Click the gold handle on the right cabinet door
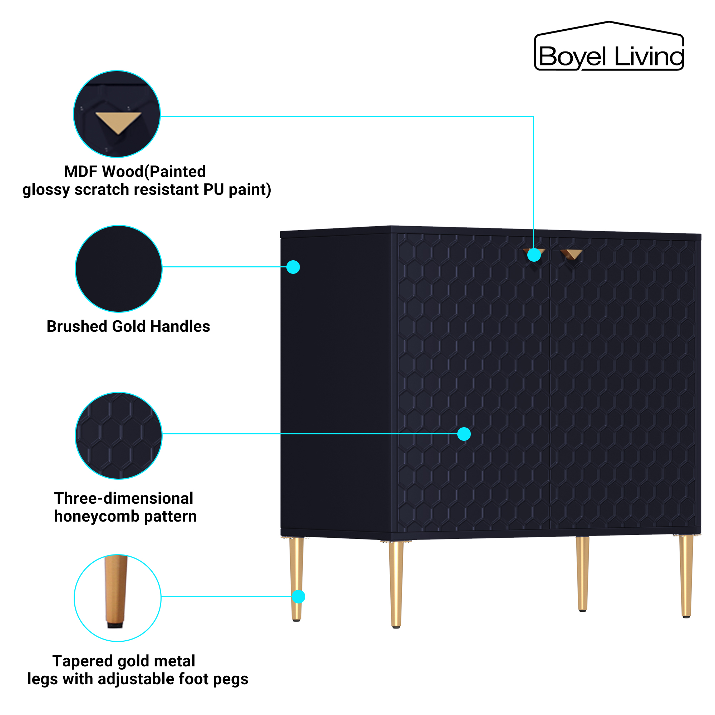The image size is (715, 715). click(572, 254)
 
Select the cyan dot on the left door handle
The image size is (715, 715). click(534, 255)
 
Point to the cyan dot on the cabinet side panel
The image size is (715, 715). click(293, 267)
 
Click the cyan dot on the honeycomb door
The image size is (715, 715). click(464, 434)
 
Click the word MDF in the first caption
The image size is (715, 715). click(80, 172)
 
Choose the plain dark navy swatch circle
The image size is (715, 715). click(118, 269)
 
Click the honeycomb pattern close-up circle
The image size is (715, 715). click(118, 435)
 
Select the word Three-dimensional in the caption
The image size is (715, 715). click(124, 498)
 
